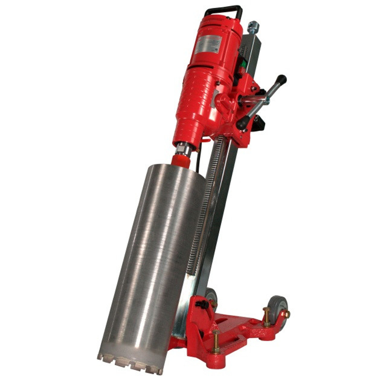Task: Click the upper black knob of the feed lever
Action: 282,79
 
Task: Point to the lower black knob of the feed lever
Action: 242,122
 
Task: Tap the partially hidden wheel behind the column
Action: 211,295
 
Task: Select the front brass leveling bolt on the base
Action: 216,342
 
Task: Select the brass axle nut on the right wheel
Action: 287,314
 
